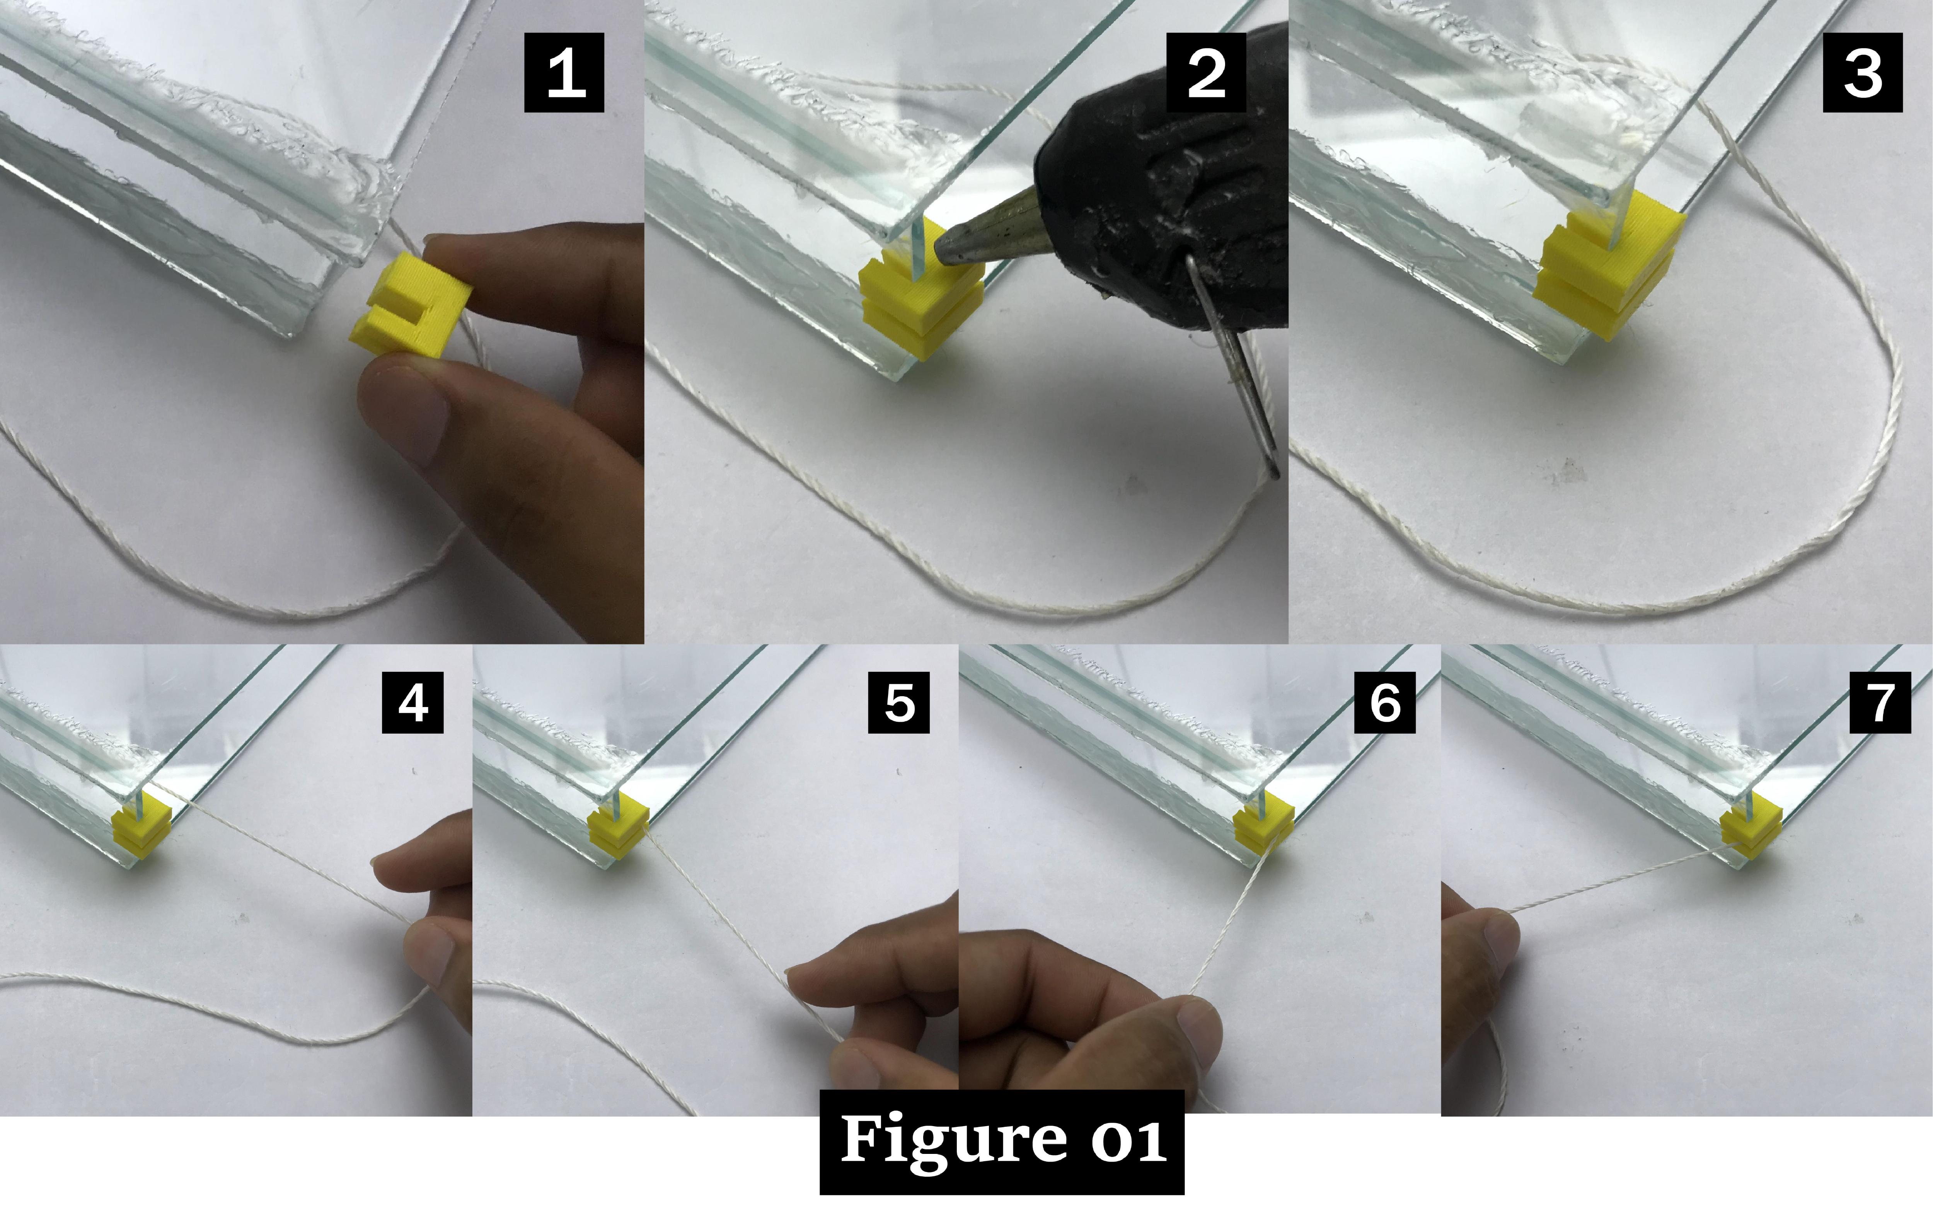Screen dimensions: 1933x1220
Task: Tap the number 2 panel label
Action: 1206,72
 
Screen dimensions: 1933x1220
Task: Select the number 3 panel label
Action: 1862,72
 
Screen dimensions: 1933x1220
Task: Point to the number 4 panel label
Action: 413,702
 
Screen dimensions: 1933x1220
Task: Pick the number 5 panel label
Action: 899,702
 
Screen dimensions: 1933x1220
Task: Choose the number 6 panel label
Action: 1385,702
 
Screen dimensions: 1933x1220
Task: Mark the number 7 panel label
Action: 1880,702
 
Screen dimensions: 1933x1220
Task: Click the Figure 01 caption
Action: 1002,1142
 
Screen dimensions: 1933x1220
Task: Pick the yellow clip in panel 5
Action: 618,827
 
